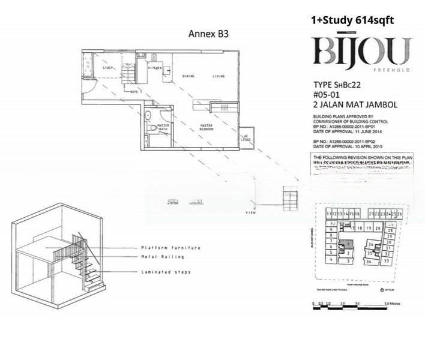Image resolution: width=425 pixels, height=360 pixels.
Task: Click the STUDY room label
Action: point(108,68)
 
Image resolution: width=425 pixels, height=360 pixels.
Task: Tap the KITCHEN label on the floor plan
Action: point(155,68)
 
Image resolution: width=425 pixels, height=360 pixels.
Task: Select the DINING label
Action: point(188,77)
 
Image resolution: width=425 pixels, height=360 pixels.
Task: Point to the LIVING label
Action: point(218,77)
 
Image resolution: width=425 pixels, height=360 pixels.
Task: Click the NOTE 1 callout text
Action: point(136,91)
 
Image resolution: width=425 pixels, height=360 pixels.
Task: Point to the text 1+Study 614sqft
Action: point(352,20)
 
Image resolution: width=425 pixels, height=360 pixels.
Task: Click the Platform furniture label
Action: point(170,248)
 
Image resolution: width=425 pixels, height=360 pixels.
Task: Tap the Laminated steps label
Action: point(166,272)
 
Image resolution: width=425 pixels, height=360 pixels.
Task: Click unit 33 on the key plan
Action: point(387,261)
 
